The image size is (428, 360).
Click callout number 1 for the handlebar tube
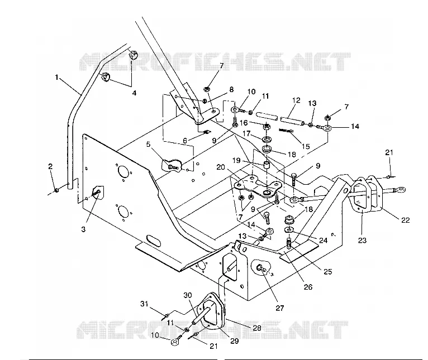[x=57, y=78]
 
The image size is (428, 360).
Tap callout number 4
[x=134, y=93]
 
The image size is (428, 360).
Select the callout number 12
[x=297, y=100]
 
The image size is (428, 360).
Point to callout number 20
[x=221, y=167]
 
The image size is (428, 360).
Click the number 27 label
[x=280, y=308]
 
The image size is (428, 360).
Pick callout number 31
[x=144, y=304]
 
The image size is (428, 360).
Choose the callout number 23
[x=362, y=240]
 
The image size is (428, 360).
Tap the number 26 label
[x=308, y=287]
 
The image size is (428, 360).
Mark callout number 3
[x=83, y=229]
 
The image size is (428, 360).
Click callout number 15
[x=306, y=146]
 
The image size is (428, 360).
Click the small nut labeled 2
[x=57, y=190]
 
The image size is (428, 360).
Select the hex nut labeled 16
[x=267, y=127]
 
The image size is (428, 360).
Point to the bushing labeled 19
[x=266, y=166]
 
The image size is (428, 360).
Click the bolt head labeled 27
[x=260, y=267]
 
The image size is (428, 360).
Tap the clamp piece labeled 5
[x=170, y=165]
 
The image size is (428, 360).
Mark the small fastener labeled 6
[x=207, y=132]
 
